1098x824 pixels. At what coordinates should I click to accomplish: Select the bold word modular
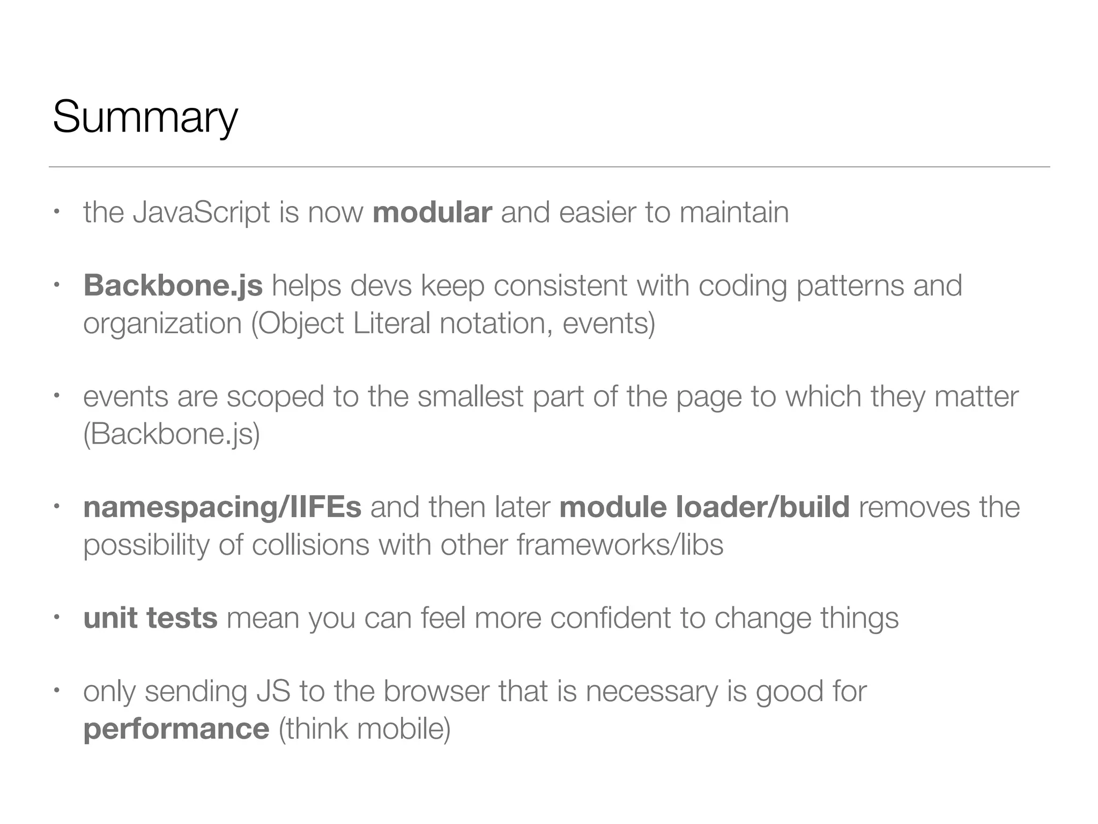click(432, 212)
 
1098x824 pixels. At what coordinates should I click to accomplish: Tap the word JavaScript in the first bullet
click(201, 212)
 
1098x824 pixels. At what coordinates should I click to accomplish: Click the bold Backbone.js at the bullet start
click(173, 285)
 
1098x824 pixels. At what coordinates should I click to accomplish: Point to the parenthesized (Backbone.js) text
click(172, 434)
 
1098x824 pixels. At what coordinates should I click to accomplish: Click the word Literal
click(391, 323)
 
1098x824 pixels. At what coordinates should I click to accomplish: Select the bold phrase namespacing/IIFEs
click(222, 507)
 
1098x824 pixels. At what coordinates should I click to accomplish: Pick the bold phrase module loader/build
click(704, 507)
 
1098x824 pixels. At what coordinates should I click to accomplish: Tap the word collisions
click(310, 545)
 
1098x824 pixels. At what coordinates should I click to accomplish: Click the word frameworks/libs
click(620, 545)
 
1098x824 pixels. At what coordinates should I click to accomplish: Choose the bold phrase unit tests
click(151, 618)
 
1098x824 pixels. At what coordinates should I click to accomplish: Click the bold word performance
click(176, 729)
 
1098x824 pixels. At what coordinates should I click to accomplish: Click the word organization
click(162, 323)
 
